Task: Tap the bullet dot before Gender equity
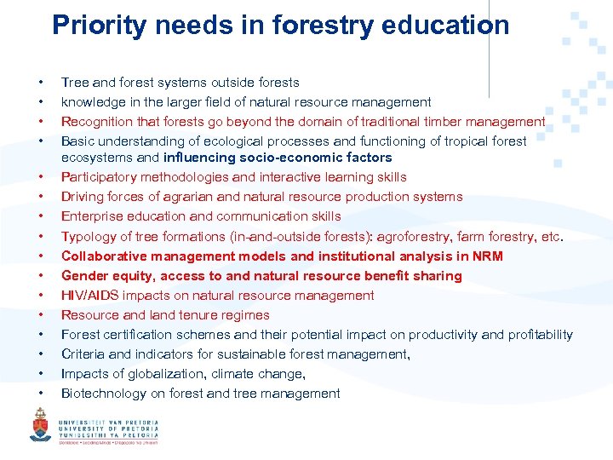(x=41, y=276)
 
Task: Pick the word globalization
(x=167, y=374)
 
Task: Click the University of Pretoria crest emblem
(x=40, y=425)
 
